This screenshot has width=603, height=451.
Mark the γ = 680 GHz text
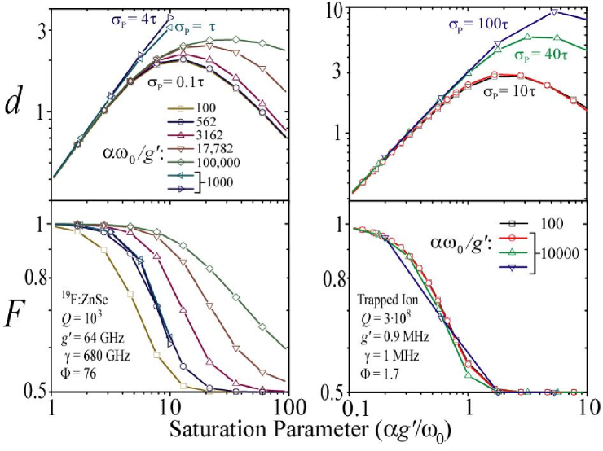coord(91,355)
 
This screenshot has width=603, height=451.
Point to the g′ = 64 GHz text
coord(91,340)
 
